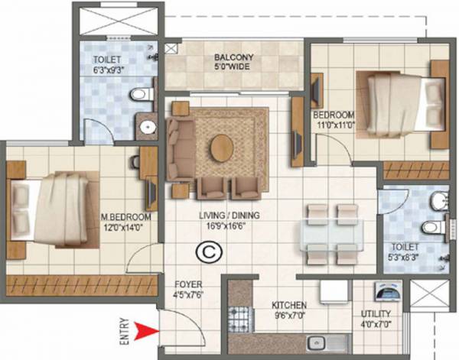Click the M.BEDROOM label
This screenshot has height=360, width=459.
[x=127, y=217]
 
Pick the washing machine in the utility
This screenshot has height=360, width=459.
[x=385, y=294]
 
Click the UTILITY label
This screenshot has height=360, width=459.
[x=376, y=314]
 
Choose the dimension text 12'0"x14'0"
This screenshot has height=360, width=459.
[x=127, y=226]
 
